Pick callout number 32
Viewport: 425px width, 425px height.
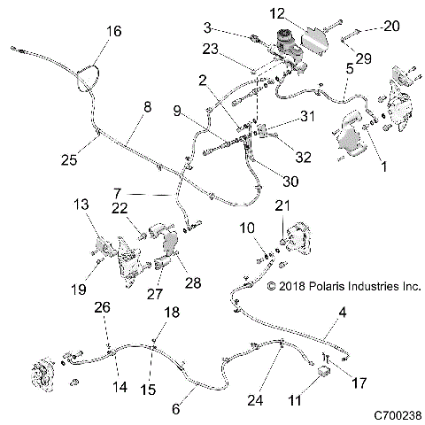(x=303, y=158)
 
